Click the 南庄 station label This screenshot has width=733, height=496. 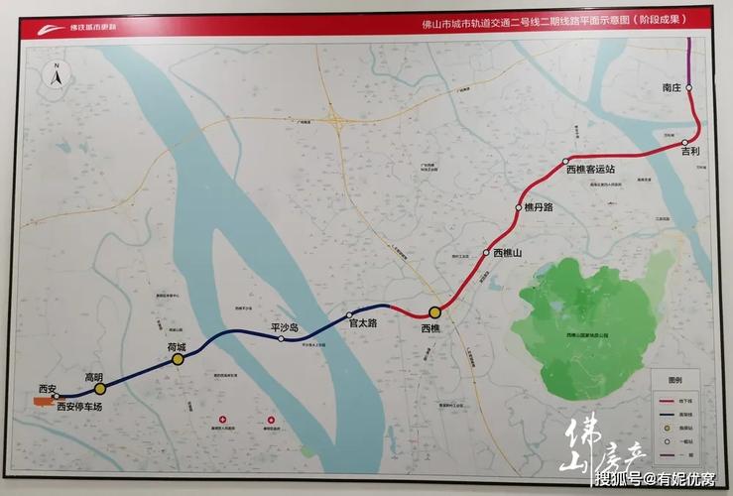tap(672, 87)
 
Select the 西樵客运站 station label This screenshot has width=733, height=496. tap(590, 170)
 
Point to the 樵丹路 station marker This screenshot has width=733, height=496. tap(518, 207)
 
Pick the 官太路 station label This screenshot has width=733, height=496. tap(363, 321)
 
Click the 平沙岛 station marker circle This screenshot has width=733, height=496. tap(282, 339)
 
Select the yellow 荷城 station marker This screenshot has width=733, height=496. tap(178, 359)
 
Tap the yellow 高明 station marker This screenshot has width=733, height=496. tap(100, 390)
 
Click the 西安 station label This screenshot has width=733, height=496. tap(49, 387)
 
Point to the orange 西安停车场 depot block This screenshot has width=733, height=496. tap(44, 403)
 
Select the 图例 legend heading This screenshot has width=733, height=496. tap(675, 381)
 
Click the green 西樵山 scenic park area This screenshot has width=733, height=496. tap(595, 317)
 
